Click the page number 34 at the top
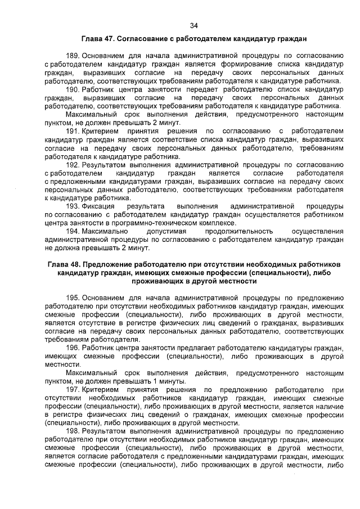point(193,26)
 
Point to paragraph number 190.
point(73,89)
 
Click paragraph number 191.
point(73,131)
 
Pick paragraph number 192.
point(73,165)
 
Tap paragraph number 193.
point(73,206)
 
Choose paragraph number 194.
point(73,231)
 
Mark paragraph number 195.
point(73,298)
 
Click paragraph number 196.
point(73,348)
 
